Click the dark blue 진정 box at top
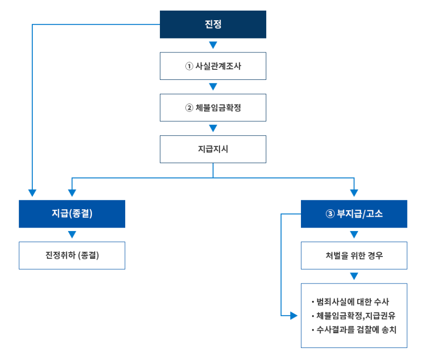pyautogui.click(x=213, y=25)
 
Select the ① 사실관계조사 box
pyautogui.click(x=213, y=66)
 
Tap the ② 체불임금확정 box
pyautogui.click(x=213, y=108)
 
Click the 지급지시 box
pyautogui.click(x=213, y=149)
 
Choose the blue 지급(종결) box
pyautogui.click(x=72, y=214)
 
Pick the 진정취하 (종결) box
pyautogui.click(x=72, y=256)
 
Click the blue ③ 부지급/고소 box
pyautogui.click(x=354, y=214)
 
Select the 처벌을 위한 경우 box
pyautogui.click(x=354, y=256)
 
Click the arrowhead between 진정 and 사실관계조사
pyautogui.click(x=213, y=45)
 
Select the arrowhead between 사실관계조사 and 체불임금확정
pyautogui.click(x=213, y=87)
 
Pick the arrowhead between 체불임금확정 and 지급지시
pyautogui.click(x=213, y=129)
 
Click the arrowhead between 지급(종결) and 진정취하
pyautogui.click(x=72, y=235)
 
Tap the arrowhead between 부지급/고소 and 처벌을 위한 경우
pyautogui.click(x=354, y=235)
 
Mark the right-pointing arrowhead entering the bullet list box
pyautogui.click(x=294, y=316)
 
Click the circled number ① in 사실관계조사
pyautogui.click(x=189, y=66)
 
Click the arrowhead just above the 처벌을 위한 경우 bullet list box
pyautogui.click(x=354, y=276)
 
